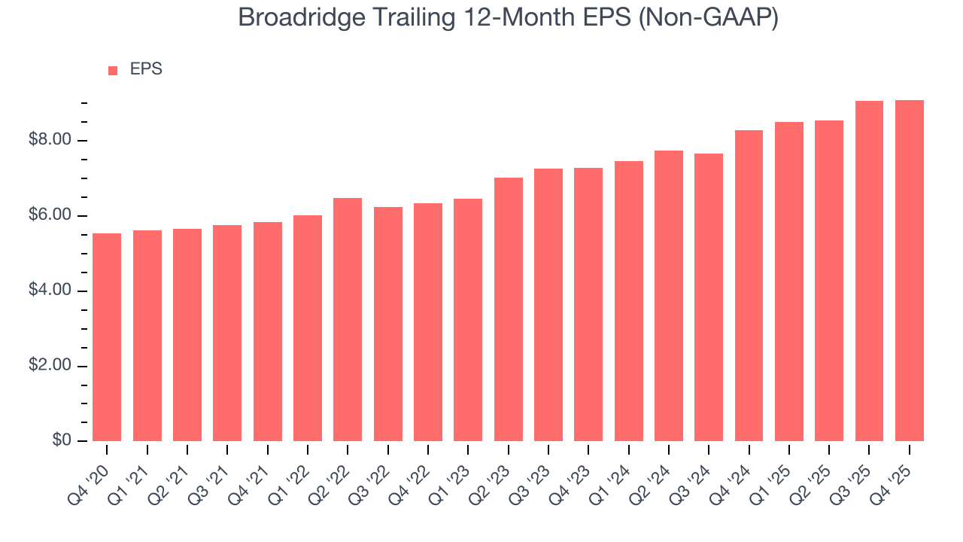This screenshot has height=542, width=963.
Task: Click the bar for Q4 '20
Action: pyautogui.click(x=107, y=337)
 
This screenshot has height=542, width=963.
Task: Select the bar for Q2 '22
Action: pyautogui.click(x=348, y=320)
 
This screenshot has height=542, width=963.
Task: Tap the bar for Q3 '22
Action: pyautogui.click(x=387, y=324)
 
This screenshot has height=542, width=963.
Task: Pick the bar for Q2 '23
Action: pyautogui.click(x=508, y=309)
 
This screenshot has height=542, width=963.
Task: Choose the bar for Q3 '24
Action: pyautogui.click(x=709, y=297)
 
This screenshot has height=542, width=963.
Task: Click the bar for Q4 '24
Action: pyautogui.click(x=749, y=286)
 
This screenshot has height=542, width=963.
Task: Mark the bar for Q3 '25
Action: pyautogui.click(x=869, y=271)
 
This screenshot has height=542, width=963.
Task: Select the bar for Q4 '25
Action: pyautogui.click(x=909, y=271)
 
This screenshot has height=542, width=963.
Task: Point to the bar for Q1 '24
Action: pyautogui.click(x=628, y=301)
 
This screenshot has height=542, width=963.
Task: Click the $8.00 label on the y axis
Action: pyautogui.click(x=50, y=141)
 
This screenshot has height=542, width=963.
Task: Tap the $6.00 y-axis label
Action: pyautogui.click(x=50, y=216)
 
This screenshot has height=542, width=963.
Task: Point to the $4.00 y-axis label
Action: pyautogui.click(x=50, y=291)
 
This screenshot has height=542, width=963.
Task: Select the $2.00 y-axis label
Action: pyautogui.click(x=50, y=366)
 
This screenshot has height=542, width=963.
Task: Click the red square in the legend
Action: pyautogui.click(x=113, y=71)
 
